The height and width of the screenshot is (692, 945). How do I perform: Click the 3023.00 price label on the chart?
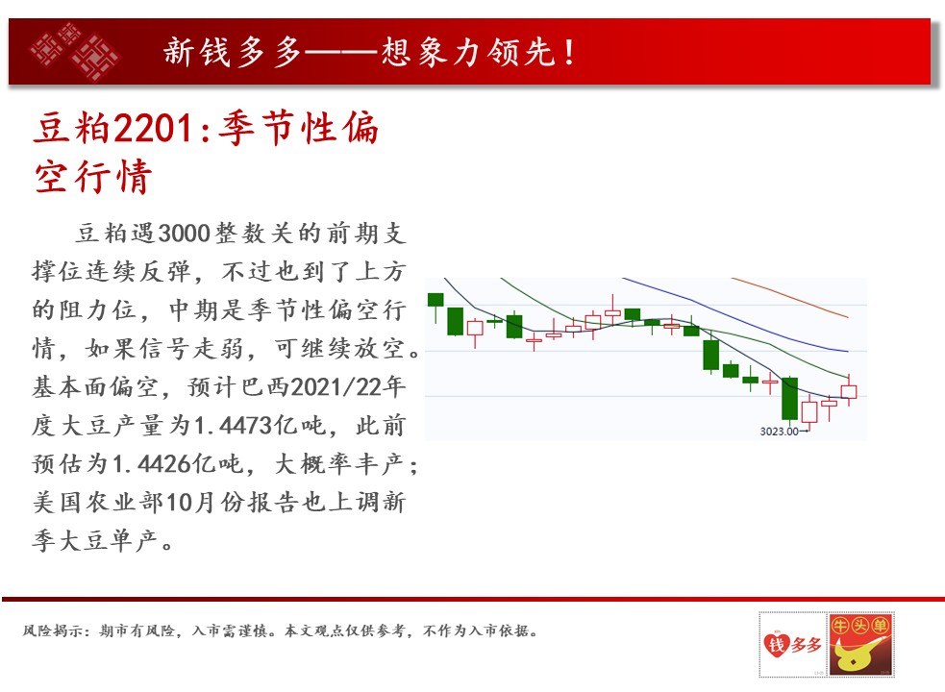(780, 431)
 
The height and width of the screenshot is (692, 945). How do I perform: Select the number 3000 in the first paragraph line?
(184, 234)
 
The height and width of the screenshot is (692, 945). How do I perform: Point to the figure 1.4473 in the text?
(234, 426)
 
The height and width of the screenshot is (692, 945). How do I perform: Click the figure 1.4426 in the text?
(152, 463)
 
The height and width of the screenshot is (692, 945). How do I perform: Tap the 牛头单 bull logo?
(860, 644)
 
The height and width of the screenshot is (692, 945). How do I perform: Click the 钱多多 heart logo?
(792, 644)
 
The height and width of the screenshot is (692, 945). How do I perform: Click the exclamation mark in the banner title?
(569, 52)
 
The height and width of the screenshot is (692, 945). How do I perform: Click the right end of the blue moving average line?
(848, 351)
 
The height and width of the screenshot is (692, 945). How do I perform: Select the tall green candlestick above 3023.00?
(789, 398)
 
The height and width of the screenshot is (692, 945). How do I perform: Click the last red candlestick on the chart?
(849, 390)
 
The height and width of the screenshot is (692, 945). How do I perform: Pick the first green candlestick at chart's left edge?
(435, 300)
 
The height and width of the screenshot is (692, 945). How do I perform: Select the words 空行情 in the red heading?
(93, 177)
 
